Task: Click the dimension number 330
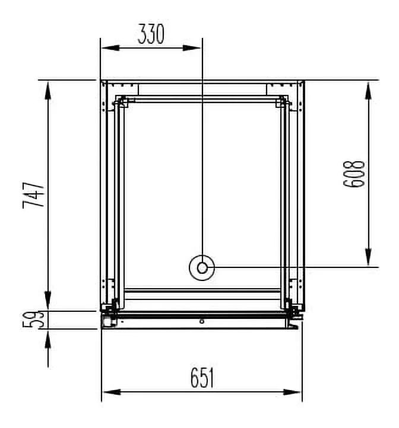coord(151,34)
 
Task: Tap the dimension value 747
coord(33,196)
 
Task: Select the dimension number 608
coord(354,174)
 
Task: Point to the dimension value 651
coord(202,378)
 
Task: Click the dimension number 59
coord(33,320)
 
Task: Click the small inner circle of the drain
coord(202,268)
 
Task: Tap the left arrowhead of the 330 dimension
coord(111,48)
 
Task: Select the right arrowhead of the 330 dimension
coord(192,48)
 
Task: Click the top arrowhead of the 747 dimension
coord(48,91)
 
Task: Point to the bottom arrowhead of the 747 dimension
coord(48,301)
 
